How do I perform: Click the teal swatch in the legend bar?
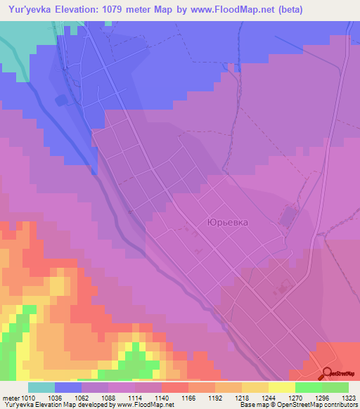click(x=41, y=387)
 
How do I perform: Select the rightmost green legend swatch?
click(x=335, y=387)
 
